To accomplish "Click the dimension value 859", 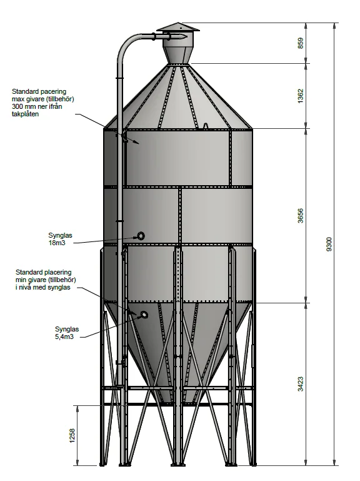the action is coord(301,43).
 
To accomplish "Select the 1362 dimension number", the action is coord(301,96).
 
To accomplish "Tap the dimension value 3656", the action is coord(301,216).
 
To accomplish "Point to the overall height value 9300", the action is coord(329,244).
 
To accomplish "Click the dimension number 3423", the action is coord(301,384).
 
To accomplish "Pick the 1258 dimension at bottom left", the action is coord(72,436).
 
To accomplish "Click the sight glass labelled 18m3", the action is coord(141,236).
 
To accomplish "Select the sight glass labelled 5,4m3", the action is coord(144,315).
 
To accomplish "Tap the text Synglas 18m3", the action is coord(60,240).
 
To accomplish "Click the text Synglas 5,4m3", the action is coord(67,333).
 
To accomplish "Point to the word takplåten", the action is coord(26,114).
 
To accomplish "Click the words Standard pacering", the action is coord(39,91).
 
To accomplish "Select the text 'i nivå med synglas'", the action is coord(43,288).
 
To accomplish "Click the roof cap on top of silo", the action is coord(178,27).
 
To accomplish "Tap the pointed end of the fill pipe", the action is coord(186,36).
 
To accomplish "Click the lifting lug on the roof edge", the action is coord(206,126).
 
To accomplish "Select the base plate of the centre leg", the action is coord(178,464).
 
